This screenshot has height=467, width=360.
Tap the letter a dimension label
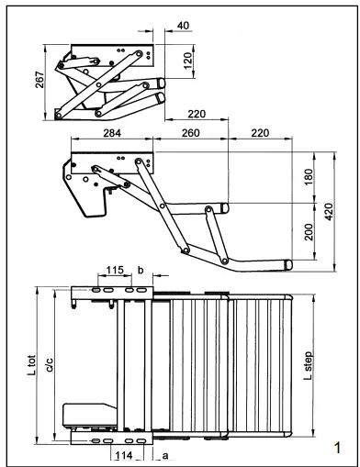tap(164, 453)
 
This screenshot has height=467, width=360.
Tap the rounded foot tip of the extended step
tap(288, 264)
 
